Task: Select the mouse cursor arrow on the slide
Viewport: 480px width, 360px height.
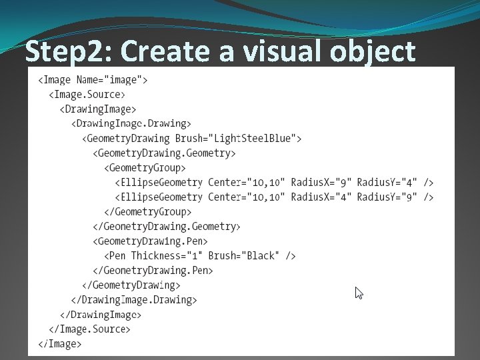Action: [359, 293]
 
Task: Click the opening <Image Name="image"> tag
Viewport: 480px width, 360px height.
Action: [93, 80]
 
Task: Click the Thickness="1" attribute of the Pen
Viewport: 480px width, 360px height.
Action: [167, 256]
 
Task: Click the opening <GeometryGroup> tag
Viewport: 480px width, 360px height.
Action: [145, 168]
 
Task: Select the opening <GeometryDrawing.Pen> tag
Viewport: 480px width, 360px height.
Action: [150, 241]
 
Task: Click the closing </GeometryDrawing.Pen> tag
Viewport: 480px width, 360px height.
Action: [153, 271]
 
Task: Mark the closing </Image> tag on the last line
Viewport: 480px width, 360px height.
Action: [60, 344]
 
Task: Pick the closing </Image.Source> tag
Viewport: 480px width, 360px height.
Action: [89, 329]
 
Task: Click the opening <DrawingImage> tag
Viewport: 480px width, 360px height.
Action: [97, 109]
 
